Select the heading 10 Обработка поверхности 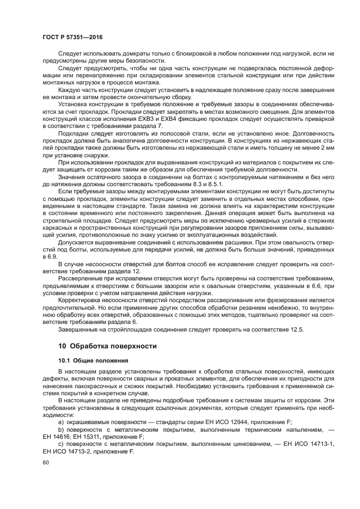pyautogui.click(x=107, y=346)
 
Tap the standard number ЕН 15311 pyautogui.click(x=89, y=437)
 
